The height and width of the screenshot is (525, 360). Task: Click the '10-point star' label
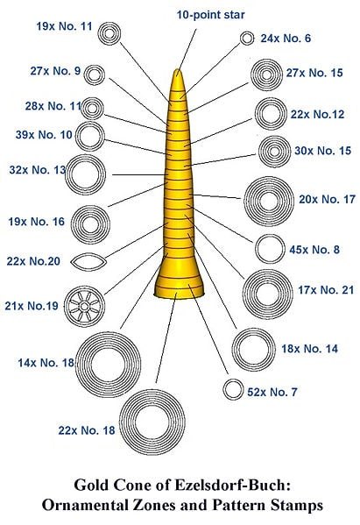[x=210, y=15]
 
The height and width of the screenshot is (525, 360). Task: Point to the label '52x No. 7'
[x=272, y=392]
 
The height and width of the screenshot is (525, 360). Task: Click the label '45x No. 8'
[x=314, y=250]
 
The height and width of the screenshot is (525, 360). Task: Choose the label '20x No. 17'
[x=327, y=199]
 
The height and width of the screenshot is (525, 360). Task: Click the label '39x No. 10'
[x=44, y=135]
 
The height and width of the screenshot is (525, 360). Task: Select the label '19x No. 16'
[x=37, y=222]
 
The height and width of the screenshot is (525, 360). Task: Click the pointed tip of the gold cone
[x=178, y=69]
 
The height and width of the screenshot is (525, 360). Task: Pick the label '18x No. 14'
[x=309, y=349]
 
